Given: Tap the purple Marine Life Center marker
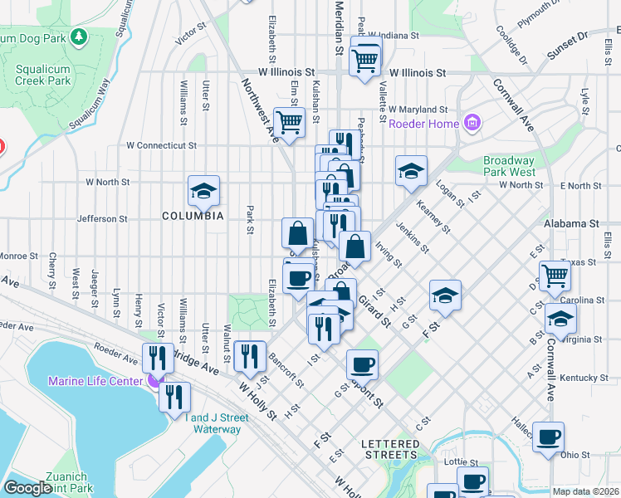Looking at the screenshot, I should pos(153,381).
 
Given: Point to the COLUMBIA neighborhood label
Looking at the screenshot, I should pos(193,216).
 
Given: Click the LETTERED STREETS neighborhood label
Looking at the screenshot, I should pos(390,449).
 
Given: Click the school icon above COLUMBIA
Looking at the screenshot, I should pos(203,191).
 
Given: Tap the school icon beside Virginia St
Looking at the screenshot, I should pos(561,319).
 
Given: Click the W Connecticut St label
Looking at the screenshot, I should pos(161,145).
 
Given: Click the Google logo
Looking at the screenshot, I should pos(28,488).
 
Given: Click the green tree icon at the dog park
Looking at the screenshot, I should pos(79,37).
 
